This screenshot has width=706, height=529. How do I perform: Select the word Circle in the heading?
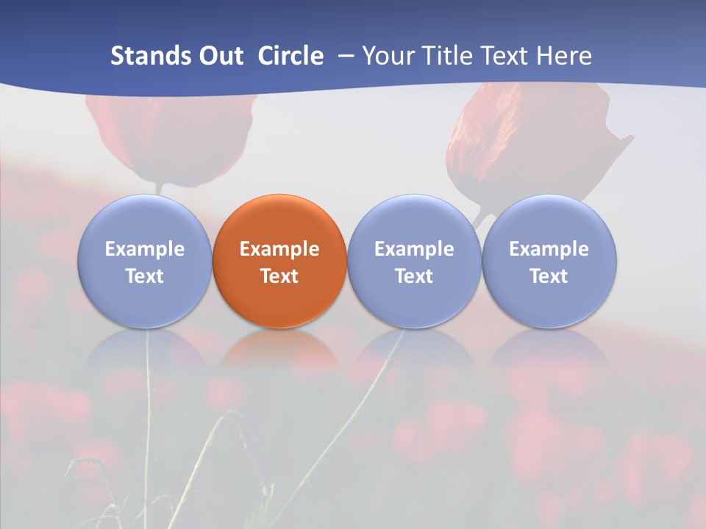pyautogui.click(x=290, y=56)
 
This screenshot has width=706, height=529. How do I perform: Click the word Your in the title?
pyautogui.click(x=388, y=56)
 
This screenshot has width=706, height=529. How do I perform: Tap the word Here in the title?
pyautogui.click(x=564, y=56)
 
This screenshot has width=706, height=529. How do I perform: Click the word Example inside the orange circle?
pyautogui.click(x=279, y=249)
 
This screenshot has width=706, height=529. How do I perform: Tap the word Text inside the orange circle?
pyautogui.click(x=279, y=276)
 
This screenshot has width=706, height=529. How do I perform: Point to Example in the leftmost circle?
pyautogui.click(x=144, y=249)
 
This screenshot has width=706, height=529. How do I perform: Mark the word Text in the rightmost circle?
pyautogui.click(x=549, y=276)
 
